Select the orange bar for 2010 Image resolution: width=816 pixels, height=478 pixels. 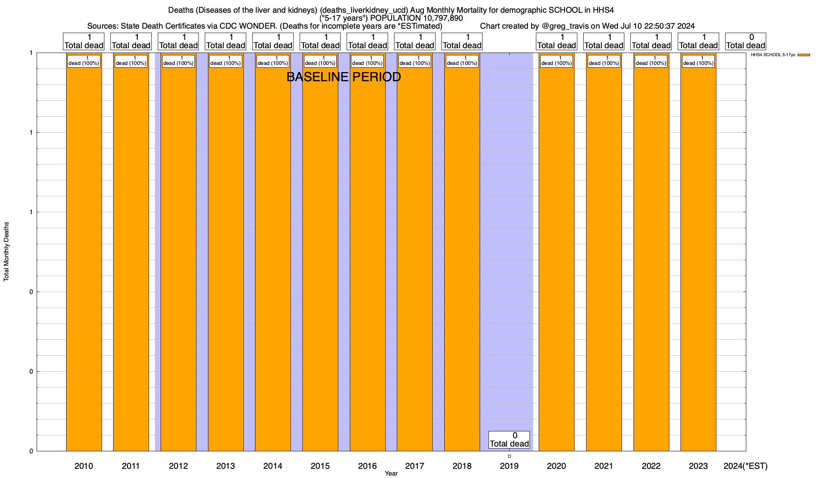(x=84, y=255)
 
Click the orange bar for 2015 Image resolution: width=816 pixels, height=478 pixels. (x=320, y=255)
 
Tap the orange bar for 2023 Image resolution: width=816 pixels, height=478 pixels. (x=698, y=255)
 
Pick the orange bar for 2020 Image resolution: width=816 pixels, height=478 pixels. (x=556, y=255)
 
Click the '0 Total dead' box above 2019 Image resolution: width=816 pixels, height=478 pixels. (x=509, y=440)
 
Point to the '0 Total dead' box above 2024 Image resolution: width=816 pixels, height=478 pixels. (x=745, y=41)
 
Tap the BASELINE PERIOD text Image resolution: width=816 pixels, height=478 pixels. (x=343, y=77)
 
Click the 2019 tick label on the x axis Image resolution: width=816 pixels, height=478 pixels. (x=509, y=466)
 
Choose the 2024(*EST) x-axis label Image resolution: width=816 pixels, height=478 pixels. (x=745, y=466)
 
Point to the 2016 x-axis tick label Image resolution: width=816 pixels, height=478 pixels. (x=367, y=466)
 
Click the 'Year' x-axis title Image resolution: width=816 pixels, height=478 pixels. (x=391, y=474)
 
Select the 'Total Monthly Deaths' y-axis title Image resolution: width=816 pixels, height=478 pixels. (x=6, y=252)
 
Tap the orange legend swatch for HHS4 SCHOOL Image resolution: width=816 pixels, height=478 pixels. (x=804, y=55)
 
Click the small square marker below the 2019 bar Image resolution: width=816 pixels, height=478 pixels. (x=509, y=456)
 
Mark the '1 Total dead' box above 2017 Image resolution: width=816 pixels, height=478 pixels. (x=414, y=41)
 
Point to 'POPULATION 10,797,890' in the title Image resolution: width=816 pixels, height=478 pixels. (x=416, y=18)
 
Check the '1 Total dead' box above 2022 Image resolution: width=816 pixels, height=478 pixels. (x=651, y=41)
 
